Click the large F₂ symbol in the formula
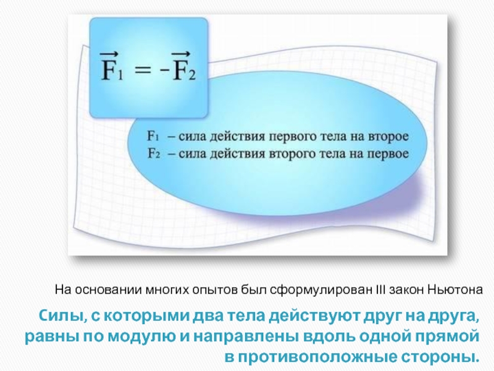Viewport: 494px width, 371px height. click(x=183, y=69)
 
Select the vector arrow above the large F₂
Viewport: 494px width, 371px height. click(x=181, y=54)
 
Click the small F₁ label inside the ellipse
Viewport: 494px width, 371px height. click(x=153, y=136)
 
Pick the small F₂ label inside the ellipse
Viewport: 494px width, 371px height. click(x=154, y=153)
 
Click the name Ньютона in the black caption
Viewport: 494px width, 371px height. click(x=454, y=289)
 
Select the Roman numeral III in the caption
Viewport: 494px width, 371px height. click(x=381, y=289)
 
